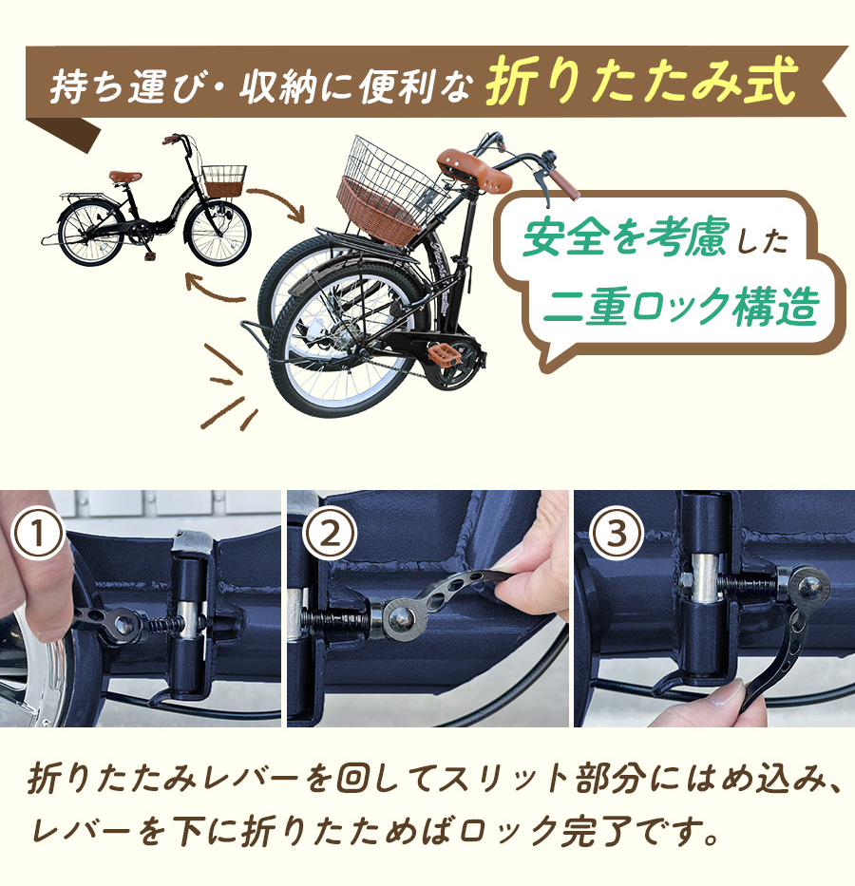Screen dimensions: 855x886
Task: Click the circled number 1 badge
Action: pyautogui.click(x=38, y=534)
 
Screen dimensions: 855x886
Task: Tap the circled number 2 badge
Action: pyautogui.click(x=330, y=534)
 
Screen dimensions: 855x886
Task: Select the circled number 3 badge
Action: pyautogui.click(x=617, y=534)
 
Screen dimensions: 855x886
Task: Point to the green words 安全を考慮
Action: pyautogui.click(x=624, y=236)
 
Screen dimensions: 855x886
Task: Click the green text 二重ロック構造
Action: pyautogui.click(x=681, y=306)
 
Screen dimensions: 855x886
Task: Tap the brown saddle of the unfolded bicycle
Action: pyautogui.click(x=125, y=177)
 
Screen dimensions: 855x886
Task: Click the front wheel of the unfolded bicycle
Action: pyautogui.click(x=218, y=233)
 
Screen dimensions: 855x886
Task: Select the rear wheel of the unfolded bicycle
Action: pyautogui.click(x=91, y=234)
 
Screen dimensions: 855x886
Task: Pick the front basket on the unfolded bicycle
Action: pyautogui.click(x=224, y=180)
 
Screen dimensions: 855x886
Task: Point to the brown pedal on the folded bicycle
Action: pyautogui.click(x=444, y=354)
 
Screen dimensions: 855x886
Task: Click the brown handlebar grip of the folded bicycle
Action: pyautogui.click(x=563, y=183)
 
